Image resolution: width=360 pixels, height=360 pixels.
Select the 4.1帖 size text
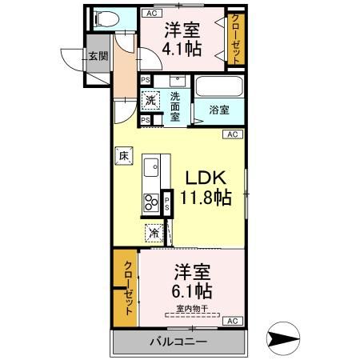[x=183, y=48]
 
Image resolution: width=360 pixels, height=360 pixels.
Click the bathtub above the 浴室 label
[x=218, y=86]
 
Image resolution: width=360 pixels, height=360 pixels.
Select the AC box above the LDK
[x=232, y=135]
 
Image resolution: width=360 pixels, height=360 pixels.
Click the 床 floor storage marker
[x=125, y=157]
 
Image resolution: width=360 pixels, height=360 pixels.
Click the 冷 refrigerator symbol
[x=152, y=233]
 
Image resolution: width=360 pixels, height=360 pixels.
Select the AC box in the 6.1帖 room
[x=232, y=321]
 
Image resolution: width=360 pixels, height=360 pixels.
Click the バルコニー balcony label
[x=178, y=342]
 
